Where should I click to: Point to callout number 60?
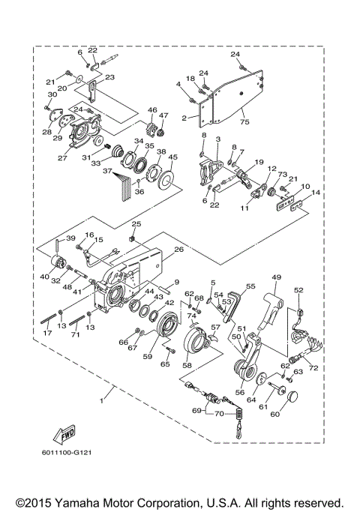click(274, 413)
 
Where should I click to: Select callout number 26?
click(178, 250)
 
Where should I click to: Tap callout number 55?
click(250, 286)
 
